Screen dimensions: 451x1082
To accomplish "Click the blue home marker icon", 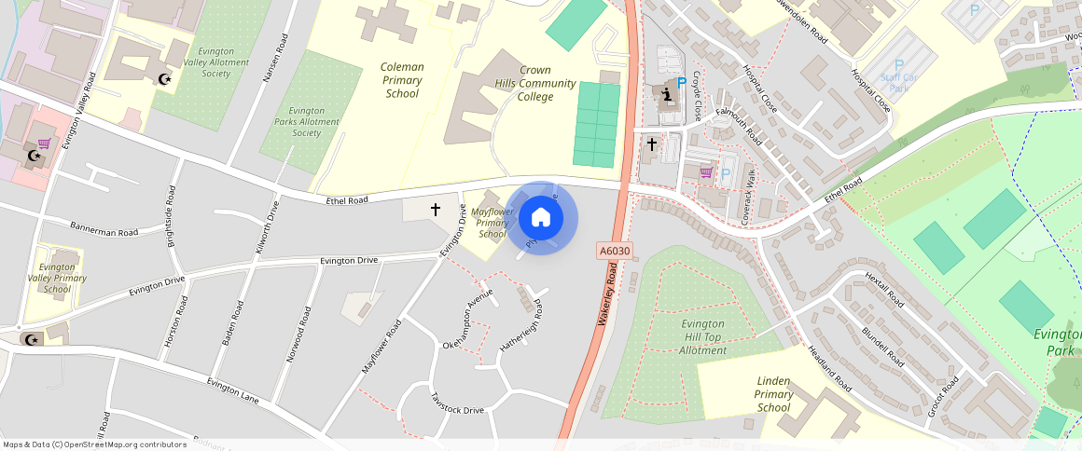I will point(541,218).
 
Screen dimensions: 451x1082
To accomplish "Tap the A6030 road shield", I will point(614,252).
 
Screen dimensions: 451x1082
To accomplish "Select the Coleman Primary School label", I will point(403,80).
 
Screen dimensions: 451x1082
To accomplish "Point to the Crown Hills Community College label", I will point(534,83).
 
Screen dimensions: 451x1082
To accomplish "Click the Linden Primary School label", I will point(773,394).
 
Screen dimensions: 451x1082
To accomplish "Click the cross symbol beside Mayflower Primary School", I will point(435,210).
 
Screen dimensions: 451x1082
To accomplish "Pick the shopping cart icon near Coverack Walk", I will point(706,172).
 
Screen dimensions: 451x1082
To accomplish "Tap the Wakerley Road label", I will point(608,293).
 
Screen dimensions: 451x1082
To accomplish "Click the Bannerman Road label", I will point(104,231).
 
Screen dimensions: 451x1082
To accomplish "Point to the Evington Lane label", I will point(233,389).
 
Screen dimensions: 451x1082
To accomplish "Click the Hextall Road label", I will point(884,290).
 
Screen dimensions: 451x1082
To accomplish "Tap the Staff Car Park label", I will point(898,83).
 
